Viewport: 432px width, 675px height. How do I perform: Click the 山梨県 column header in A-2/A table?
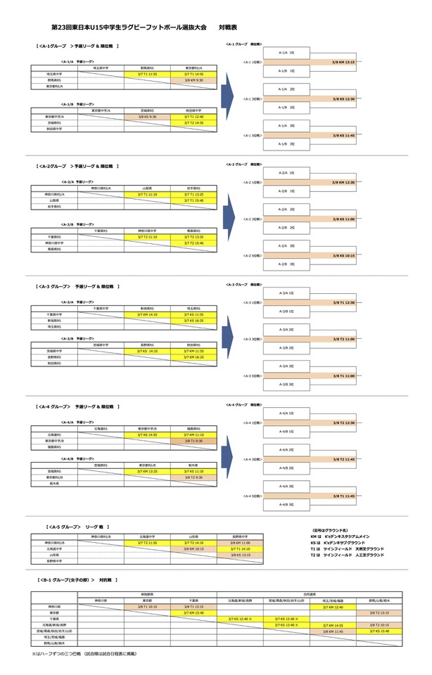[147, 188]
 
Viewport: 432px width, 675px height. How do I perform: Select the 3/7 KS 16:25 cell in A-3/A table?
[193, 321]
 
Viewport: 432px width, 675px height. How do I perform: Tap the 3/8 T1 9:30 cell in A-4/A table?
[193, 441]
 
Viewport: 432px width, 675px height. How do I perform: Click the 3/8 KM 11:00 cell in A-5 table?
[240, 543]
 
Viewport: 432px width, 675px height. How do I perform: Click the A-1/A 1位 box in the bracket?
[286, 52]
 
